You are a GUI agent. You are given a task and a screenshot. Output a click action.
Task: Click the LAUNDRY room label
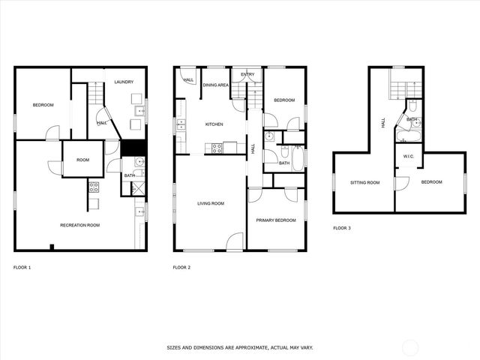(x=124, y=82)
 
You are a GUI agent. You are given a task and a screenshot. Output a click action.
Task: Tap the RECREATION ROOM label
(x=81, y=225)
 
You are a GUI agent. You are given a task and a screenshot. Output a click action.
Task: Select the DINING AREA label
(x=217, y=85)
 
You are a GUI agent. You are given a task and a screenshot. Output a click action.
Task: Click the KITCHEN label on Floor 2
(x=215, y=124)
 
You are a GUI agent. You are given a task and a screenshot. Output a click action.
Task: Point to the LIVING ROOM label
(x=211, y=203)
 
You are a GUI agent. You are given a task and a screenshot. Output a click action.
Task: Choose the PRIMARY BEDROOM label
(x=275, y=220)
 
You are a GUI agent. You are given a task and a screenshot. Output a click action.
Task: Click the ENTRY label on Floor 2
(x=247, y=75)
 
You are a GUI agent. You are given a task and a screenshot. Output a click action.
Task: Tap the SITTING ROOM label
(x=364, y=182)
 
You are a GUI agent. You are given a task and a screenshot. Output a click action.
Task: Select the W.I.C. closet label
(x=409, y=157)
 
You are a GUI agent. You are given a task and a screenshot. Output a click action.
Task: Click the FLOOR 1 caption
(x=22, y=268)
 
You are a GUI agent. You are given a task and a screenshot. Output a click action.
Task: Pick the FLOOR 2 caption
(x=181, y=268)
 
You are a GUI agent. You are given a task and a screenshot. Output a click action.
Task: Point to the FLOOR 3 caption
(x=342, y=228)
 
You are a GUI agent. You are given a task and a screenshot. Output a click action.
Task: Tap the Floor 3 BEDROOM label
(x=431, y=182)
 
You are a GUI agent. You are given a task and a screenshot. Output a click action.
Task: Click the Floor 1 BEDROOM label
(x=43, y=105)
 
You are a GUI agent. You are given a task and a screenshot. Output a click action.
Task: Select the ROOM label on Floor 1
(x=82, y=160)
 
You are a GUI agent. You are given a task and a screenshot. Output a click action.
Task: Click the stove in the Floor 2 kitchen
(x=217, y=148)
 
